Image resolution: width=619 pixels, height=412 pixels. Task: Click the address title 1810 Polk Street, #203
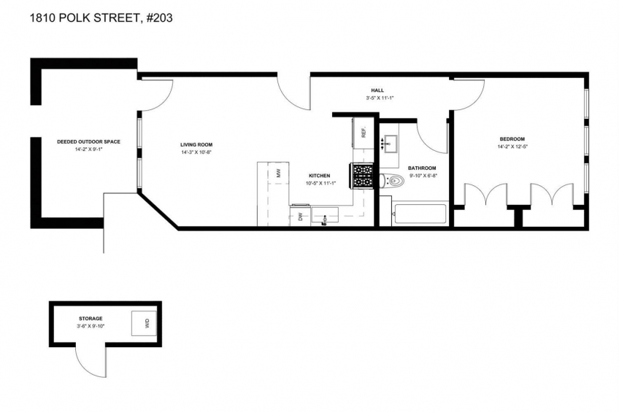[x=101, y=18]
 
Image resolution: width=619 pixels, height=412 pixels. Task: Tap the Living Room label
[x=196, y=144]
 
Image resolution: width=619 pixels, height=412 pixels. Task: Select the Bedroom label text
[x=512, y=139]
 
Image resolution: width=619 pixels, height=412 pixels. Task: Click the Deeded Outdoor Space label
[x=89, y=142]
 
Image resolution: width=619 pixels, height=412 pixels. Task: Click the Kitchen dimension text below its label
[x=320, y=183]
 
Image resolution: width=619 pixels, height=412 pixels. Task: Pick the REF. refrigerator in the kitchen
[x=362, y=132]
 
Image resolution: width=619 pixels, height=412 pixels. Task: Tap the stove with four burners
[x=361, y=176]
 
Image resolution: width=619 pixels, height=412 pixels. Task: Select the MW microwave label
[x=278, y=173]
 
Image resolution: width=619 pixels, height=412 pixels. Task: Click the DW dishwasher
[x=301, y=215]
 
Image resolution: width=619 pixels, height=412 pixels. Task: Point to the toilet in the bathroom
[x=393, y=181]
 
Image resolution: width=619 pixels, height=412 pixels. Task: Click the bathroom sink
[x=389, y=144]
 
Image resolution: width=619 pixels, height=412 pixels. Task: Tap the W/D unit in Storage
[x=144, y=324]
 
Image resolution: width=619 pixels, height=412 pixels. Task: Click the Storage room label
[x=91, y=319]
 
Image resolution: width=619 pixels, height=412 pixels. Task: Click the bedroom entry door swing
[x=469, y=94]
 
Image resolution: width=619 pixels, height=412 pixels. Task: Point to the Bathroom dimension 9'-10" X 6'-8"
[x=422, y=176]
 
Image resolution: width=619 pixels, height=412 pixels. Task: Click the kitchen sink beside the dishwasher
[x=326, y=216]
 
